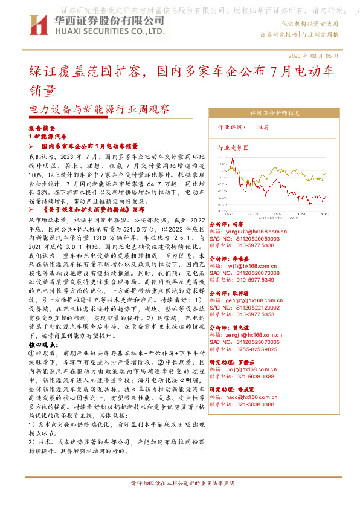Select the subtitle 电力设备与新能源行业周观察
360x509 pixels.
(100, 109)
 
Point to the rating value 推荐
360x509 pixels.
(263, 127)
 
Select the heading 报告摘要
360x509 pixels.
(42, 129)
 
